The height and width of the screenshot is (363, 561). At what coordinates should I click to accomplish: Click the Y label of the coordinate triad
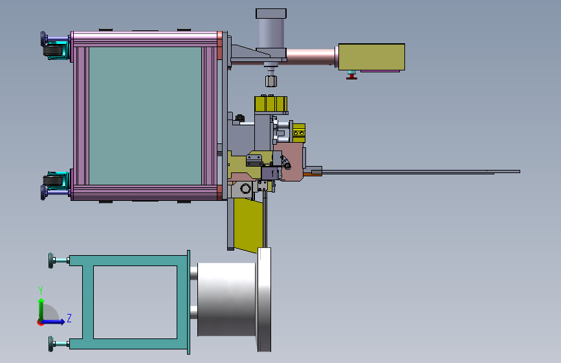[x=41, y=289]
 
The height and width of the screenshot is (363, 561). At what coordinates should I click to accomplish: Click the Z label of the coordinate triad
[x=69, y=317]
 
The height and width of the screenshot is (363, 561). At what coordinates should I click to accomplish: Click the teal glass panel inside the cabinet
[x=145, y=115]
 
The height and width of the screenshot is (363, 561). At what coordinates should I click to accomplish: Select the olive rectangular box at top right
[x=372, y=57]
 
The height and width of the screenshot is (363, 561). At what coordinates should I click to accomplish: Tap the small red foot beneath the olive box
[x=351, y=77]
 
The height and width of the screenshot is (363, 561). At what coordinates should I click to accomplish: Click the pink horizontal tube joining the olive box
[x=311, y=56]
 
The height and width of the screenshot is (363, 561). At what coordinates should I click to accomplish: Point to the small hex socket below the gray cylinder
[x=271, y=81]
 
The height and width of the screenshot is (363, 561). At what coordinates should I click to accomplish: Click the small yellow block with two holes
[x=299, y=133]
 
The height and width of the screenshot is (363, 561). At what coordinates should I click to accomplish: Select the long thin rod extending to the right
[x=421, y=172]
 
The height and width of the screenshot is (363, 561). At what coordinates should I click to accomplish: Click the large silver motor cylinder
[x=226, y=299]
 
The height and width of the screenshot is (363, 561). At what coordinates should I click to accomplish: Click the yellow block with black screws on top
[x=271, y=105]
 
